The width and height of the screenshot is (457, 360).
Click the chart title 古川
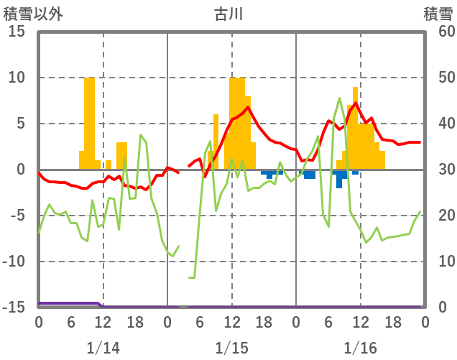point(229,14)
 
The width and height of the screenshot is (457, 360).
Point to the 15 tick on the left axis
point(16,32)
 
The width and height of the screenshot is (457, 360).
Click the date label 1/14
point(103,348)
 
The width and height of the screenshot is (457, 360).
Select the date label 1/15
point(231,348)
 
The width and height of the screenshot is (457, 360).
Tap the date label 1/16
point(360,348)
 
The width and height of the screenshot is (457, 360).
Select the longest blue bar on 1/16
point(339,179)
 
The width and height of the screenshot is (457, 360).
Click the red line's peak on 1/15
point(248,108)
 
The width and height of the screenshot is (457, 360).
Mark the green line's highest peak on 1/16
point(339,98)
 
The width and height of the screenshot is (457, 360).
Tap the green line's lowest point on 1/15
point(192,277)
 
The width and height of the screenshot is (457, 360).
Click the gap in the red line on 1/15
point(184,170)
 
